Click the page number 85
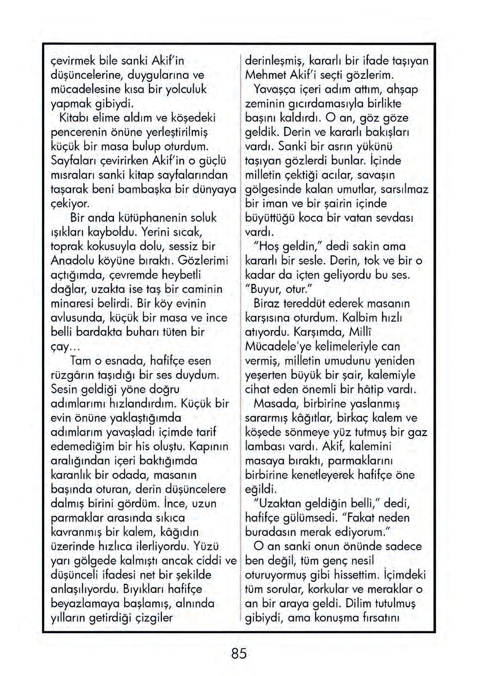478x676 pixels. [239, 654]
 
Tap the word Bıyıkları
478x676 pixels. [144, 589]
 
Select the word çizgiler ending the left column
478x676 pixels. [153, 618]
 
